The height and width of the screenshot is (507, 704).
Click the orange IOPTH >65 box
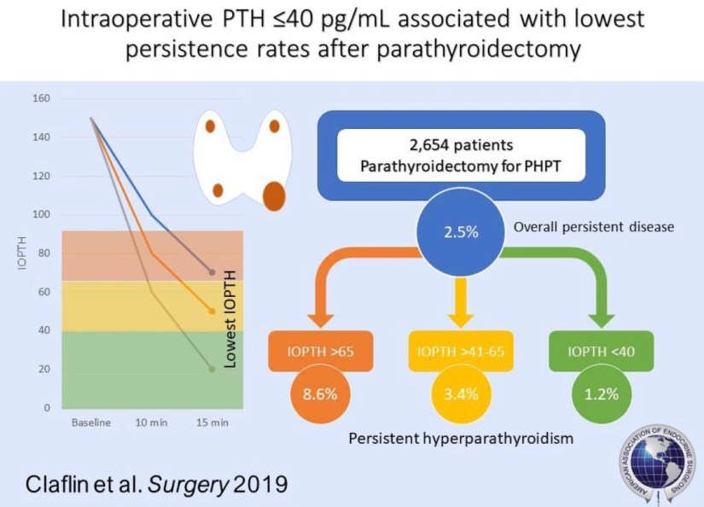pyautogui.click(x=307, y=351)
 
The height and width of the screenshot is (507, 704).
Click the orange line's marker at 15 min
pyautogui.click(x=212, y=312)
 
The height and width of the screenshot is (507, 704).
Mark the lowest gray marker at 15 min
pyautogui.click(x=212, y=369)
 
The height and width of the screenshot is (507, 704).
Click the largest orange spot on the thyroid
pyautogui.click(x=274, y=195)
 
